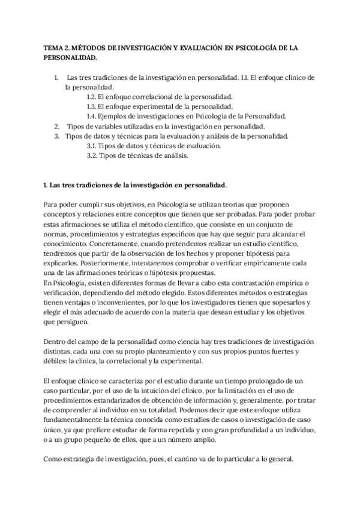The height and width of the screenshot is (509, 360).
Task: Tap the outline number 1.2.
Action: pos(92,97)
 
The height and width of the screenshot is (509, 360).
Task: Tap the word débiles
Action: pos(56,361)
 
